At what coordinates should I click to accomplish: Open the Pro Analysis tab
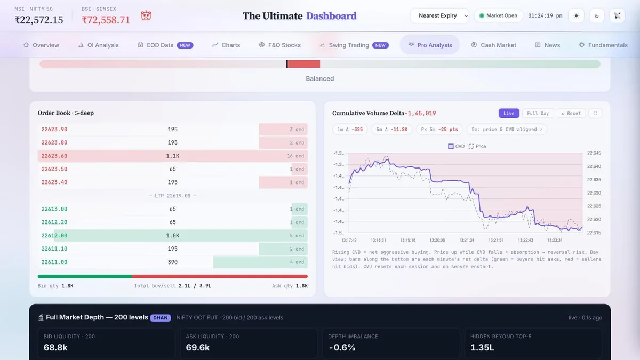[x=430, y=45]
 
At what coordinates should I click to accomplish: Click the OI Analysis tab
[x=98, y=45]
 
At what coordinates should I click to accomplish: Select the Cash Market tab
[x=493, y=45]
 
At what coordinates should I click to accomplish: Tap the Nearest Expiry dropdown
[x=439, y=15]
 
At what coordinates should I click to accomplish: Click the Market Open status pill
[x=498, y=15]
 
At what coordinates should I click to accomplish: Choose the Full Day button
[x=538, y=113]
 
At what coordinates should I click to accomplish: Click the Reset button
[x=571, y=113]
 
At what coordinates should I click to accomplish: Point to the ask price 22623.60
[x=54, y=156]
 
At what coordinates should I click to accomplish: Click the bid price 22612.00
[x=54, y=235]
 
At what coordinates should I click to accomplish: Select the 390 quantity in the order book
[x=173, y=262]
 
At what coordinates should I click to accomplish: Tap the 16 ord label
[x=295, y=156]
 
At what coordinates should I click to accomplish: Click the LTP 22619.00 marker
[x=173, y=196]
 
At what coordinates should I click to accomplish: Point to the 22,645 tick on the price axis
[x=594, y=153]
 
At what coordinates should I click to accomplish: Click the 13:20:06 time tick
[x=437, y=240]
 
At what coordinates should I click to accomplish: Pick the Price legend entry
[x=477, y=146]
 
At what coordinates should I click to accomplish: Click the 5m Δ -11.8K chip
[x=391, y=130]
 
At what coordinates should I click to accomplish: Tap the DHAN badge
[x=161, y=318]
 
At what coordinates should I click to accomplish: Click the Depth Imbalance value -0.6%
[x=342, y=347]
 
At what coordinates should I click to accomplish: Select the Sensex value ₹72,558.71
[x=106, y=20]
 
